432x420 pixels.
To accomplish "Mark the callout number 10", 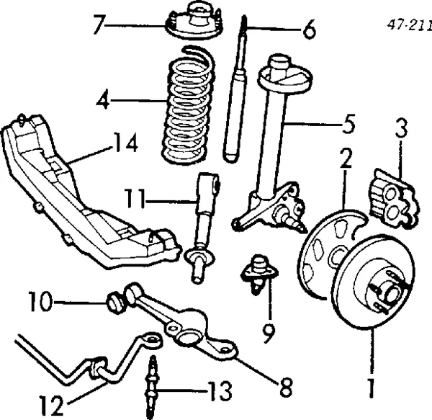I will coord(42,302).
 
